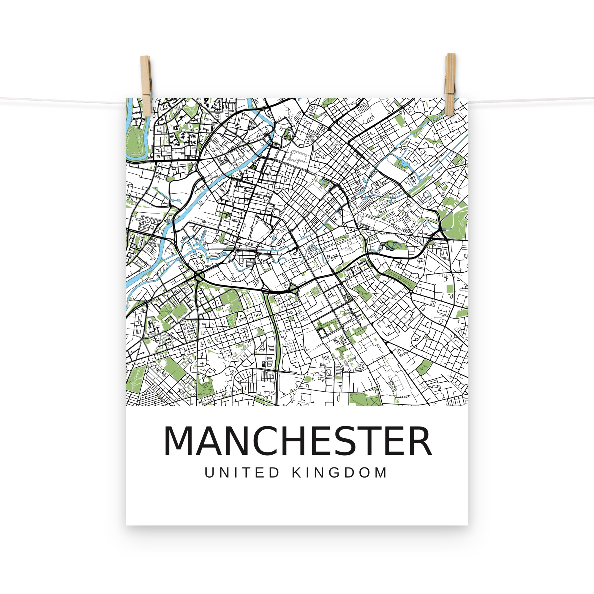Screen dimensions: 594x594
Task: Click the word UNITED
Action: (x=242, y=473)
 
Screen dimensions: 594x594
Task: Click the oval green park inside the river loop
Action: (x=134, y=142)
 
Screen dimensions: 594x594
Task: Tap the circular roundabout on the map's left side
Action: (x=199, y=276)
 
